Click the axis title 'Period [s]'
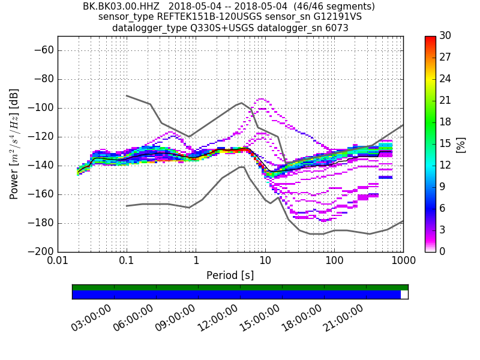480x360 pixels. (x=230, y=275)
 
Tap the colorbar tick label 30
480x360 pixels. (x=445, y=36)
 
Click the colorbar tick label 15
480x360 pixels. (x=445, y=143)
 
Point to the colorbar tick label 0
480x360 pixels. (x=443, y=251)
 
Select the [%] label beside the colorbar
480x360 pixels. (x=461, y=144)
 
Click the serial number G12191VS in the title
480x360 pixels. (x=340, y=17)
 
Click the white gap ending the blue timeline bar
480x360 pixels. (x=404, y=295)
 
